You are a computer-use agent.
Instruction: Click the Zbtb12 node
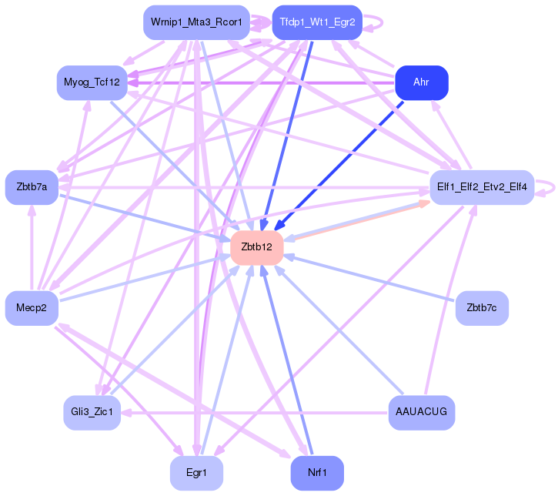[x=256, y=247]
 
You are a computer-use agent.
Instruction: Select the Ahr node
[x=422, y=82]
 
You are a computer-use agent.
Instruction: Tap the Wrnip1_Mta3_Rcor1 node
[x=196, y=22]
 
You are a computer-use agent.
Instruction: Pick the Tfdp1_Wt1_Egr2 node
[x=317, y=22]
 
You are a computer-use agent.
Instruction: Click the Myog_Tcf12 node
[x=92, y=82]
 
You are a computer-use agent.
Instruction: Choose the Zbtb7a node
[x=32, y=187]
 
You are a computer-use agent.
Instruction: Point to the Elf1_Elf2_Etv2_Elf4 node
[x=482, y=187]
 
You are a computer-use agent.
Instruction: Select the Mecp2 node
[x=32, y=308]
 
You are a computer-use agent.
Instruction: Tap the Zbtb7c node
[x=482, y=308]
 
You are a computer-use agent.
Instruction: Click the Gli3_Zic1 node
[x=92, y=412]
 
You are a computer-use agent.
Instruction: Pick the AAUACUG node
[x=422, y=412]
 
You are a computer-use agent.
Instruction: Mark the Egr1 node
[x=196, y=473]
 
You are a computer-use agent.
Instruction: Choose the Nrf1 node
[x=317, y=473]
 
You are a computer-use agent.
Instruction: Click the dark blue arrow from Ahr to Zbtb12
[x=339, y=166]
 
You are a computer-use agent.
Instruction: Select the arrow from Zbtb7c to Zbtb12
[x=369, y=279]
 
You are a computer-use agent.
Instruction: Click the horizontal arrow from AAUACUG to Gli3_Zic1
[x=255, y=413]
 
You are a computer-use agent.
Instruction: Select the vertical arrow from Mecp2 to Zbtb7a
[x=32, y=248]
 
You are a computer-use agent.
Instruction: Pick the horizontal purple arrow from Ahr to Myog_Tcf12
[x=261, y=83]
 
